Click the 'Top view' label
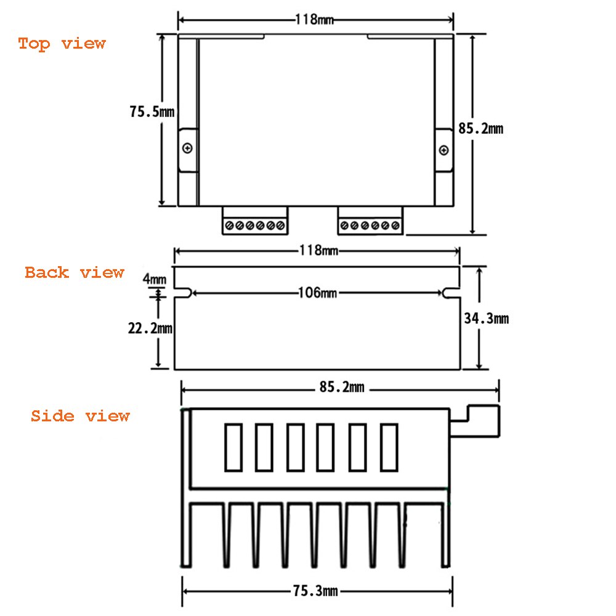point(62,44)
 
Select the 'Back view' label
point(75,272)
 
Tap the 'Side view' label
point(80,416)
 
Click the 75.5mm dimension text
point(152,112)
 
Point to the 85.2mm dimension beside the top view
point(480,129)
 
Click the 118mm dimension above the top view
point(314,19)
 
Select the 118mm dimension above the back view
point(318,251)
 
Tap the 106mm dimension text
point(317,293)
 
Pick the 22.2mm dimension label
point(150,328)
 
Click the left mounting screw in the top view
point(188,148)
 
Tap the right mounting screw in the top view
point(444,151)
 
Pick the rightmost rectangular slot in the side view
point(389,447)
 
